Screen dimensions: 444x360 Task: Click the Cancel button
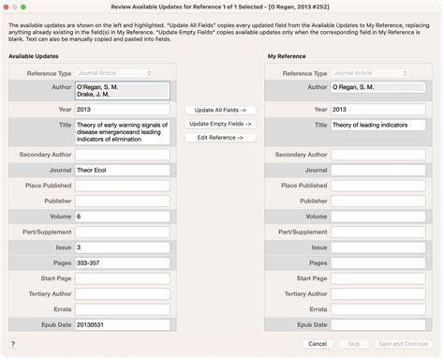pos(318,344)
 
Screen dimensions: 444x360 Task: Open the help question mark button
pos(12,344)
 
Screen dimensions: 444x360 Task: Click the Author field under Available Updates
pos(123,90)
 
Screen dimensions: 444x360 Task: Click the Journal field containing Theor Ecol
pos(123,171)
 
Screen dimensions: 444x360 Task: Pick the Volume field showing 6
pos(123,217)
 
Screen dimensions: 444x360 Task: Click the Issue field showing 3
pos(123,247)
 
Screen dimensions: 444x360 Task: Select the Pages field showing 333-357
pos(123,262)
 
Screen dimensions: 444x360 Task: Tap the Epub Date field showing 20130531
pos(123,324)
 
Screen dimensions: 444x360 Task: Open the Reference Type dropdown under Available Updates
pos(123,72)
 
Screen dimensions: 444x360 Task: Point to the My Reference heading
pos(286,56)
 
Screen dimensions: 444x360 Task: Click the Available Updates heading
pos(35,56)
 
